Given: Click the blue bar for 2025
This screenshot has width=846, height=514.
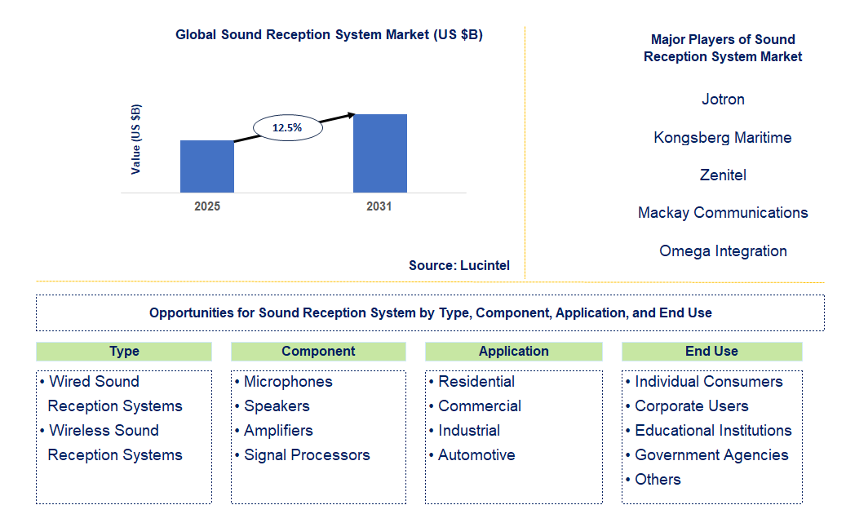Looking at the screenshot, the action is tap(207, 166).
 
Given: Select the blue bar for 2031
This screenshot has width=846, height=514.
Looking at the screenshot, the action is tap(380, 153).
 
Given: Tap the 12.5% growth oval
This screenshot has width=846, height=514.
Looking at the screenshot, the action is tap(288, 128).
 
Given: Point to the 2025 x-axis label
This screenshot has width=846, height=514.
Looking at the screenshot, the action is tap(207, 206).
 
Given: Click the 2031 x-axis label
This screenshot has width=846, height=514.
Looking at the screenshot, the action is tap(379, 206).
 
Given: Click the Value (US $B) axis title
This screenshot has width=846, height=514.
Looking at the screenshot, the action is tap(135, 140).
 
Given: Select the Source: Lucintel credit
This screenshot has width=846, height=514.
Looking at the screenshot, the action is tap(459, 265).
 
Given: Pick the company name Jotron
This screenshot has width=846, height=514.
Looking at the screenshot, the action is tap(723, 100).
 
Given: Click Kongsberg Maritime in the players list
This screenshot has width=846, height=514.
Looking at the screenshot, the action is tap(723, 138).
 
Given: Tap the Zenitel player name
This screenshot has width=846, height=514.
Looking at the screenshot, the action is tap(723, 175).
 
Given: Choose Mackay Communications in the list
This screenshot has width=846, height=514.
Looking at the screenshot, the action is tap(723, 212).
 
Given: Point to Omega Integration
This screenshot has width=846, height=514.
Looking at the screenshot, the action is tap(723, 250).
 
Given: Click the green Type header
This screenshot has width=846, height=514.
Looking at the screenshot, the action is tap(124, 351).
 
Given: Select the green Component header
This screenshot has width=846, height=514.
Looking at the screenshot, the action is tap(318, 351).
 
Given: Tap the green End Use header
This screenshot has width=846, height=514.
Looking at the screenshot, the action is tap(711, 351).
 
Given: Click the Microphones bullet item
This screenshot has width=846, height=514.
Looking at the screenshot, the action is tap(288, 382).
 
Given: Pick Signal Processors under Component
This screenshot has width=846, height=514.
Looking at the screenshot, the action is tap(307, 455).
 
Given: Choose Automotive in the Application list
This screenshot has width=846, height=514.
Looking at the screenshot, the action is tap(476, 455).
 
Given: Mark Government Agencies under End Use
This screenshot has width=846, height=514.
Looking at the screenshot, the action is tap(711, 455).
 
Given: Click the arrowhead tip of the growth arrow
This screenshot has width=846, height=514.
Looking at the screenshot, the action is tap(355, 114).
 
